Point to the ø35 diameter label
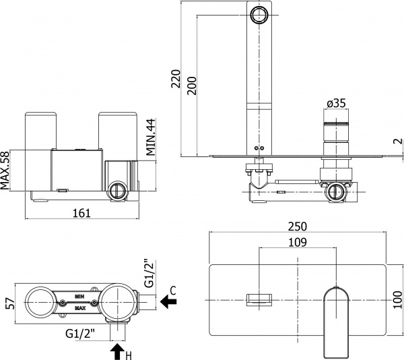coord(336,103)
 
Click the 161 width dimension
coord(81,213)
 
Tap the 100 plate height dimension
coord(396,297)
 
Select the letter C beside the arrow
coord(173,291)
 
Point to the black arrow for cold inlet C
coord(168,304)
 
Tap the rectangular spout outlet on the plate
coord(259,299)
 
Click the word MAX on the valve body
coord(80,308)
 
